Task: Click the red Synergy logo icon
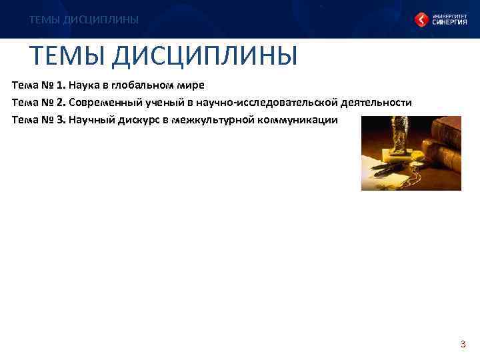coord(422,19)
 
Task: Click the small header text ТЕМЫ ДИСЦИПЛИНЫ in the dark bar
coord(84,20)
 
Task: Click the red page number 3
coord(462,345)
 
